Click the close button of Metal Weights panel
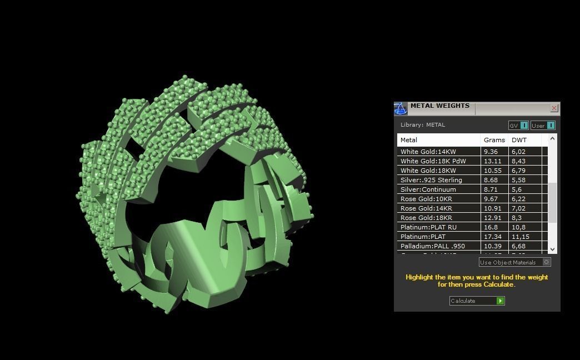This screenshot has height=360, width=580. pos(554,108)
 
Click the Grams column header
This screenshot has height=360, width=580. pos(494,140)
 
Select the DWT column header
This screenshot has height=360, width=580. pos(519,140)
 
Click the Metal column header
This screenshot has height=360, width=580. pos(409,140)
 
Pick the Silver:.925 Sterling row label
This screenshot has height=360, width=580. pos(431,180)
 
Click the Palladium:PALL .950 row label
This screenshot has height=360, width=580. pos(432,246)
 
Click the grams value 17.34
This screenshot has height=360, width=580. pos(492,237)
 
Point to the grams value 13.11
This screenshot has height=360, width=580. pos(492,161)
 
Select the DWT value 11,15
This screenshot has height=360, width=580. pos(520,237)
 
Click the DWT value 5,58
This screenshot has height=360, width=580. pos(518,180)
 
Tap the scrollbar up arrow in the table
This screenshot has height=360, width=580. pos(552,139)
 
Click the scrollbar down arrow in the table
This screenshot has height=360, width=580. pos(552,249)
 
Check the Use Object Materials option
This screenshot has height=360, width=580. pos(546,262)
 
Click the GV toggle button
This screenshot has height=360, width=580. pos(523,126)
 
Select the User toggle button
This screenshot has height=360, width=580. pos(550,126)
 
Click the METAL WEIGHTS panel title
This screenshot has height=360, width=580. pos(439,106)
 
